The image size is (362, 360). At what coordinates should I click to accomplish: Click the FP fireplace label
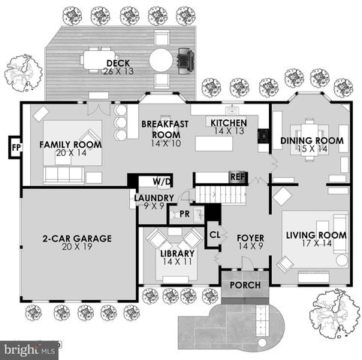(16, 146)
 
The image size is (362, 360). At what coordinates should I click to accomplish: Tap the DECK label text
(117, 63)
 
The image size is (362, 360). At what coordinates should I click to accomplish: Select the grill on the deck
(185, 57)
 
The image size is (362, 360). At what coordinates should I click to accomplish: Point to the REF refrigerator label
(237, 178)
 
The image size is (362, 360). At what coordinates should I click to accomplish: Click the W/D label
(161, 181)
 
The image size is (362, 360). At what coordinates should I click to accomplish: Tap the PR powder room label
(184, 214)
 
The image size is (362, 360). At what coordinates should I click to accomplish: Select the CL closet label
(213, 234)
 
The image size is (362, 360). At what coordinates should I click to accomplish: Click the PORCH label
(245, 285)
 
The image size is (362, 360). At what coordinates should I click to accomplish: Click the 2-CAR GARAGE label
(77, 238)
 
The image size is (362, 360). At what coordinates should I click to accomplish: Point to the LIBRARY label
(177, 253)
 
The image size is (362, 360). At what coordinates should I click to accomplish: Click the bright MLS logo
(30, 349)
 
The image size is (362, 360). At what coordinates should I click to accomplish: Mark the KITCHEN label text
(228, 123)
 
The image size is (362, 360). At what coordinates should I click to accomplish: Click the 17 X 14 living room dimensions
(315, 244)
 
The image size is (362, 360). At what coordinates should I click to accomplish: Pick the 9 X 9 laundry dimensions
(154, 205)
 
